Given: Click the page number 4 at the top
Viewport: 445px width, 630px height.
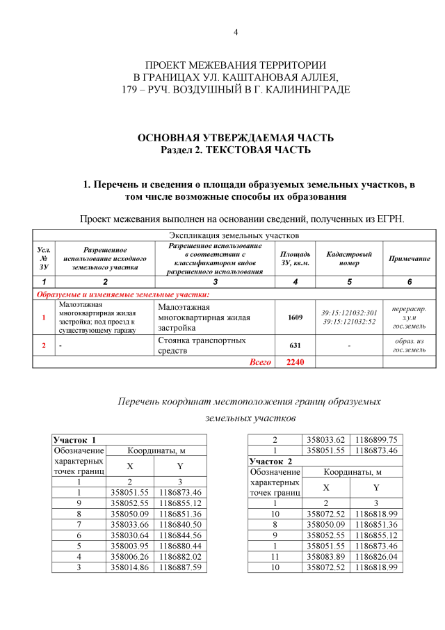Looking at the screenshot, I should click(235, 33).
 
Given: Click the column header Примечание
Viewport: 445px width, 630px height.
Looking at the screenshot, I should click(409, 259).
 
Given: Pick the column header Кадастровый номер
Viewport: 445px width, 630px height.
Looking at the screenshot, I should click(349, 259).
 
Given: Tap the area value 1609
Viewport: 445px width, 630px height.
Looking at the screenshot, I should click(296, 317).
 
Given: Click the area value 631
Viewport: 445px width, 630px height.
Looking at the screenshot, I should click(296, 345).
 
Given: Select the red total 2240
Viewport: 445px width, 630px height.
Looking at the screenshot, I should click(296, 362).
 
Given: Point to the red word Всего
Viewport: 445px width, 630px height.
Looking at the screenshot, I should click(260, 362).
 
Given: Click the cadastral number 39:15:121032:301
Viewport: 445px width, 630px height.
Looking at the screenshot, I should click(349, 313).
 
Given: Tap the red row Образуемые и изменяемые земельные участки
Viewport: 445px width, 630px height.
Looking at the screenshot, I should click(122, 294).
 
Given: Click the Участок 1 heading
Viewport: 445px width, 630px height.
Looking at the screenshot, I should click(74, 439).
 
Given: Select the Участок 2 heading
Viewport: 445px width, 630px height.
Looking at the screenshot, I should click(271, 462).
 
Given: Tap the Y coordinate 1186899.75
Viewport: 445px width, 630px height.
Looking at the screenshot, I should click(376, 439).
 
